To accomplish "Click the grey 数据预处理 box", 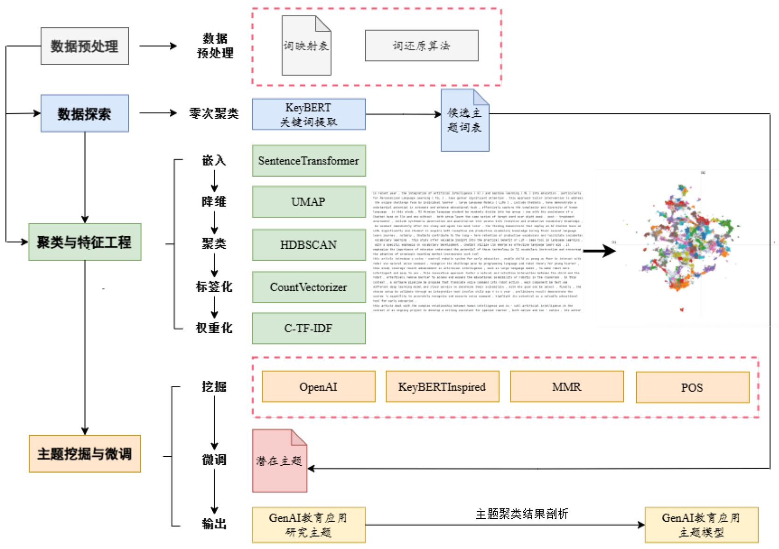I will click(84, 46).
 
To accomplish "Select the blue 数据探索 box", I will click(84, 113).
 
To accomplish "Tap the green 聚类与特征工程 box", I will click(84, 242).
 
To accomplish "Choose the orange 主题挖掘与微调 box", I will click(84, 453).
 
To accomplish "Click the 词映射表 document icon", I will click(306, 46).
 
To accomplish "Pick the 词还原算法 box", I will click(421, 46).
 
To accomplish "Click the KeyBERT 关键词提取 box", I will click(308, 114).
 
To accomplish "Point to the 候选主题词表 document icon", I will click(465, 120).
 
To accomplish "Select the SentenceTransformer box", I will click(308, 161).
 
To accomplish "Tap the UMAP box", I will click(308, 202).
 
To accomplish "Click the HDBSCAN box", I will click(308, 245).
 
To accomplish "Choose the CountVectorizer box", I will click(308, 287).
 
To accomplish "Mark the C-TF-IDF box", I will click(308, 328).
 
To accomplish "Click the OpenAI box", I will click(318, 387).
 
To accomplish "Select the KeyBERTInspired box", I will click(442, 387).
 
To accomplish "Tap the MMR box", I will click(567, 387).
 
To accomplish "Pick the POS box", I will click(692, 387).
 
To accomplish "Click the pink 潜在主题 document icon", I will click(279, 461).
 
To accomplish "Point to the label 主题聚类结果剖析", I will click(522, 514).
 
